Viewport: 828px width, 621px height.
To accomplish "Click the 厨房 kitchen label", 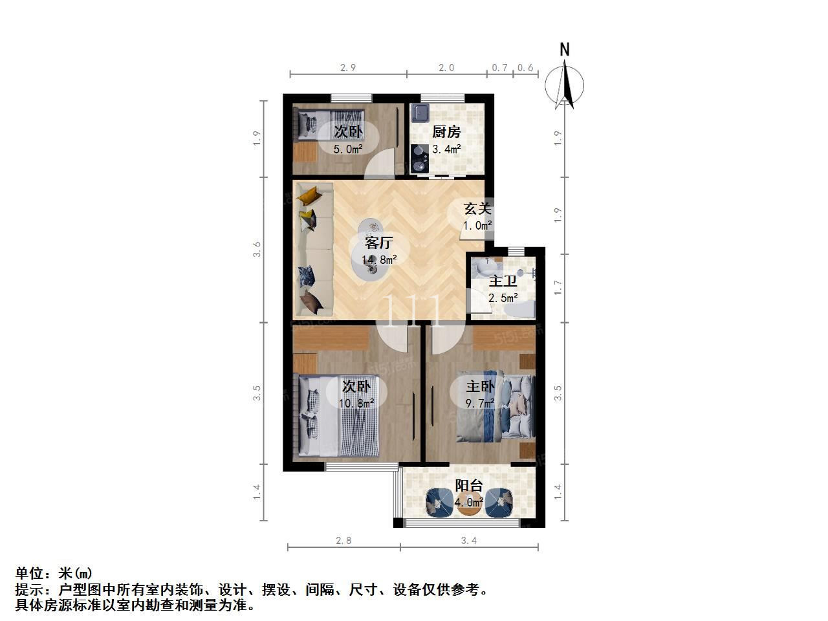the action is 446,131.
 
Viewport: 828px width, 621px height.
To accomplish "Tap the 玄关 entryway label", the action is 477,208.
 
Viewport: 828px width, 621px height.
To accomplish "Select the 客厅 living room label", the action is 378,243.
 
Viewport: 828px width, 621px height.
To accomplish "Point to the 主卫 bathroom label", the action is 503,281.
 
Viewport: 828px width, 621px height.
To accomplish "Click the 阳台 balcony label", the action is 469,485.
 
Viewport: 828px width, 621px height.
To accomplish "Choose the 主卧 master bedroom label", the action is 480,386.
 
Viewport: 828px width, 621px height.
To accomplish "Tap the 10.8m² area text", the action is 356,404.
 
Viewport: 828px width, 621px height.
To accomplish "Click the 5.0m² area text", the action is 348,149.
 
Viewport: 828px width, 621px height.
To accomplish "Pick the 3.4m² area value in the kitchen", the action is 446,149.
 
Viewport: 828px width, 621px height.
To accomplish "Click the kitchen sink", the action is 420,113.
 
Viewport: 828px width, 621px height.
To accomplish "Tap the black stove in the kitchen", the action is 419,158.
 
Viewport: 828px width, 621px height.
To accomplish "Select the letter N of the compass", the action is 564,50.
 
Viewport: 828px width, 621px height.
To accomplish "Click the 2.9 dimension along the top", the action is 348,67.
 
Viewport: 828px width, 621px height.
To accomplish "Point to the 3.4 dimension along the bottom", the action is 468,540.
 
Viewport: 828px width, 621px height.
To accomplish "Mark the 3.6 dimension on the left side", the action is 257,249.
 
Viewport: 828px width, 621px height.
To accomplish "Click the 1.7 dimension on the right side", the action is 558,288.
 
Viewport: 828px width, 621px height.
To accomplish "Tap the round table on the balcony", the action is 469,504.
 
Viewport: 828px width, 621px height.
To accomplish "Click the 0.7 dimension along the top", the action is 499,67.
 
